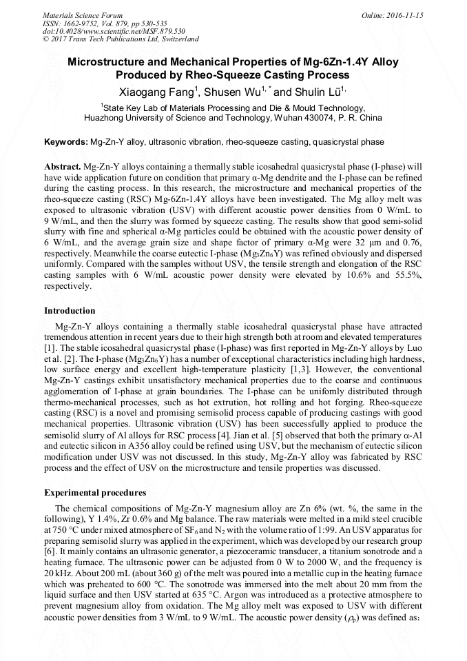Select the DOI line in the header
pyautogui.click(x=114, y=31)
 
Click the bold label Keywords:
pyautogui.click(x=66, y=142)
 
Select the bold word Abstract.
pyautogui.click(x=62, y=167)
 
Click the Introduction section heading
pyautogui.click(x=70, y=311)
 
